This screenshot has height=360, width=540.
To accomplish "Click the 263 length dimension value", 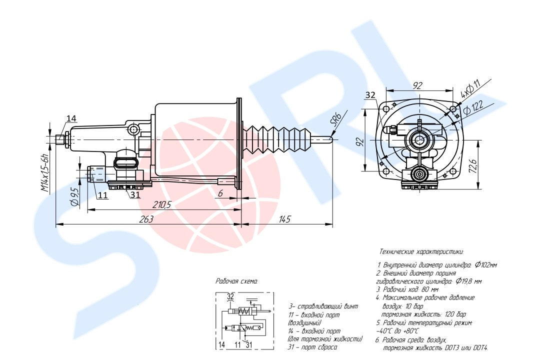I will click(146, 219).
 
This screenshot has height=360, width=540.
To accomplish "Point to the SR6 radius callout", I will click(335, 120).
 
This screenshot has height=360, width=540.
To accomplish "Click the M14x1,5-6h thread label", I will click(45, 173).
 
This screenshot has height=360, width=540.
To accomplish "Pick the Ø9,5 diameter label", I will click(74, 197).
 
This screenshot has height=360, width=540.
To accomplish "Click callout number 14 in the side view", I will click(71, 118).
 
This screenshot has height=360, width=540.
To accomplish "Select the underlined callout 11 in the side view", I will click(102, 195).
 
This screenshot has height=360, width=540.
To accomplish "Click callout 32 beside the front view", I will click(370, 95).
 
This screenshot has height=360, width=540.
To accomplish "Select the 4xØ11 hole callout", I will click(469, 89).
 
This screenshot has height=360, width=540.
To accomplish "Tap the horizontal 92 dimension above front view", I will click(417, 86).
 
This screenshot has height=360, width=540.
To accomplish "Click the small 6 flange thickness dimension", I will click(219, 193).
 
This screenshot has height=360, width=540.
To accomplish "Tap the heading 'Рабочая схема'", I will click(236, 281).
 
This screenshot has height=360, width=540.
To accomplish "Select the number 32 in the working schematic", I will click(230, 296).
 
